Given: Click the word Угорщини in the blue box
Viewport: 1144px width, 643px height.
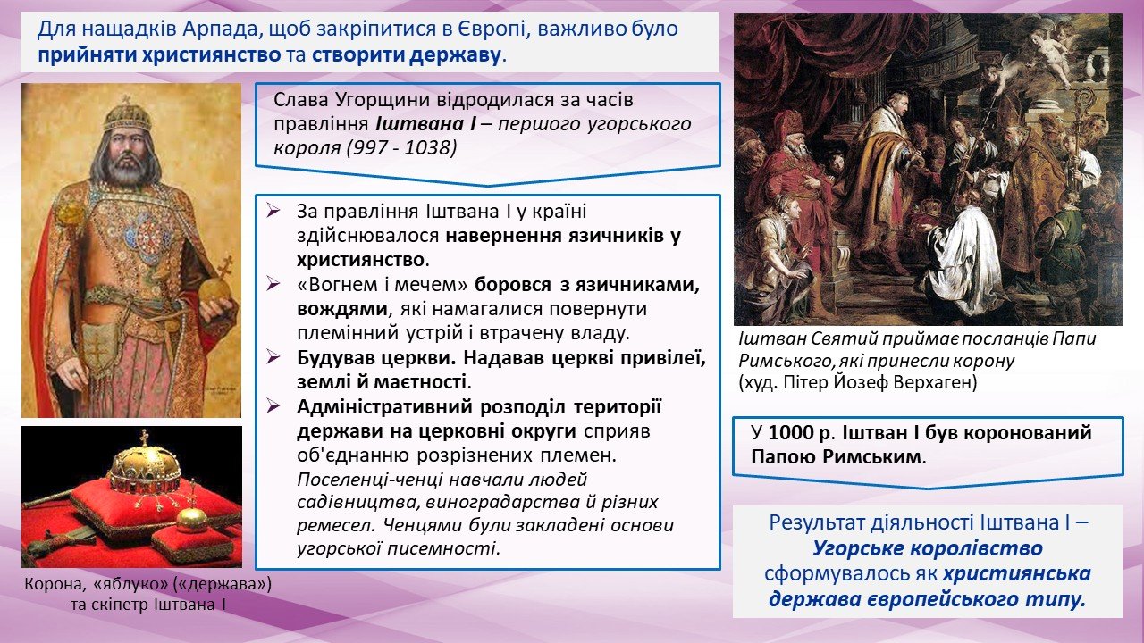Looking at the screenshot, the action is pyautogui.click(x=383, y=100).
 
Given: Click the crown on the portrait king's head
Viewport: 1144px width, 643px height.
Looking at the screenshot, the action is pyautogui.click(x=127, y=113).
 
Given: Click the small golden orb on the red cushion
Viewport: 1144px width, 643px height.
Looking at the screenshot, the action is pyautogui.click(x=191, y=516).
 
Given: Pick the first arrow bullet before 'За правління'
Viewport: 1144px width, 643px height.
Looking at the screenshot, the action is pyautogui.click(x=273, y=211).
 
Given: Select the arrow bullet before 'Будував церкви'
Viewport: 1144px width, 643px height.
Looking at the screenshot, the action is pyautogui.click(x=273, y=357).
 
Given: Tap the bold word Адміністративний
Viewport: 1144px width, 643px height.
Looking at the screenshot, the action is pyautogui.click(x=384, y=407).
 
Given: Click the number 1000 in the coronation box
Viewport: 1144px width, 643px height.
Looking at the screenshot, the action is pyautogui.click(x=791, y=433).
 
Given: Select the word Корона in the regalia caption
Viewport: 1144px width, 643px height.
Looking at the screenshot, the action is pyautogui.click(x=55, y=584).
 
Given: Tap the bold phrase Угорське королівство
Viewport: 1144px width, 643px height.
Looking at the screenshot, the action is pyautogui.click(x=928, y=548).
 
